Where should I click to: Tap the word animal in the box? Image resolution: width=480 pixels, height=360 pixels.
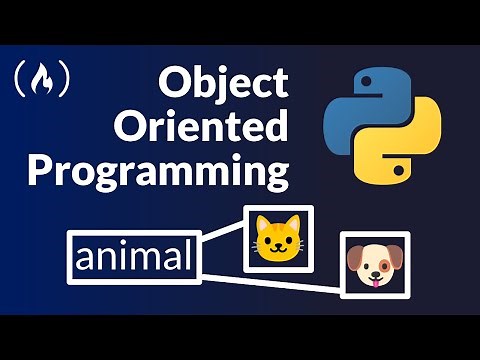pyautogui.click(x=133, y=258)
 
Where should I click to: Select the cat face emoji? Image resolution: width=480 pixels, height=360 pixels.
pyautogui.click(x=277, y=239)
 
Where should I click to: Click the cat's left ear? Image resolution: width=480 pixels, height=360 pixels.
pyautogui.click(x=263, y=223)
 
